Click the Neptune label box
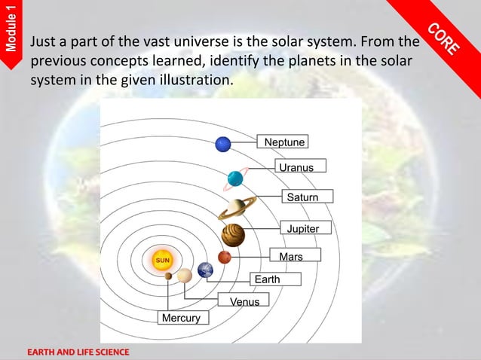click(x=285, y=142)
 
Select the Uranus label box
click(x=296, y=166)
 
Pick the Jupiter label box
click(x=303, y=228)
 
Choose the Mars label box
click(x=291, y=257)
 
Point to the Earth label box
click(x=267, y=279)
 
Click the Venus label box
click(x=244, y=301)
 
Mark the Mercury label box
click(x=181, y=318)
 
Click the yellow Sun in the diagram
click(x=163, y=260)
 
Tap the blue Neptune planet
click(x=223, y=143)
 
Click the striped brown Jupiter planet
click(x=234, y=235)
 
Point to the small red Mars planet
click(x=224, y=258)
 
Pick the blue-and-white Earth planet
click(x=206, y=270)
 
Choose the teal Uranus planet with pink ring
click(x=235, y=178)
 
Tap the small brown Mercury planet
click(x=168, y=276)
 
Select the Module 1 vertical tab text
click(x=10, y=29)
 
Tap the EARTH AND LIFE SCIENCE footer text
click(x=79, y=352)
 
